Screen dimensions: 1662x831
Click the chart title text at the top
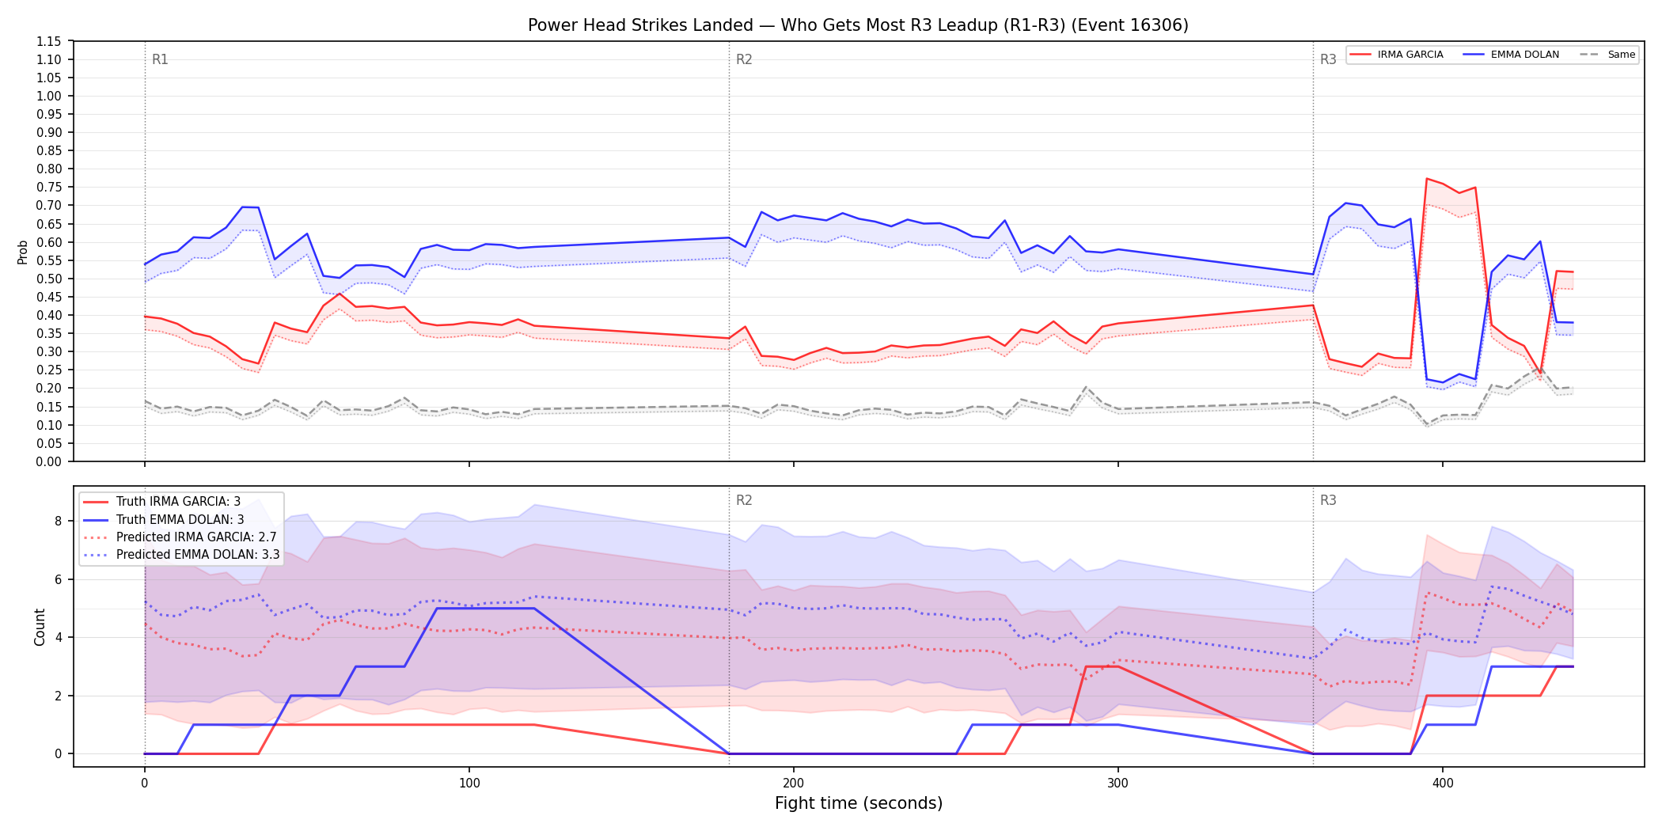858,25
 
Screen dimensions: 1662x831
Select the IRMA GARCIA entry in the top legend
1397,55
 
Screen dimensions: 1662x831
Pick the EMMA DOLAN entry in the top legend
1511,55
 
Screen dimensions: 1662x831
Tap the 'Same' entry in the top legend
1607,55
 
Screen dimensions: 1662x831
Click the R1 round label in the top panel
160,59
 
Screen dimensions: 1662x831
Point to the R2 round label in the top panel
744,59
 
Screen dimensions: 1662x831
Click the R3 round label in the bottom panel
1328,500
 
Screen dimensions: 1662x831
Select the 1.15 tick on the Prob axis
49,41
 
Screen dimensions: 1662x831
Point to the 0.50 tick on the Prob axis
49,279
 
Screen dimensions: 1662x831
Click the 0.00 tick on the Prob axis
49,461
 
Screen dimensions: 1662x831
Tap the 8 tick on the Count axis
58,521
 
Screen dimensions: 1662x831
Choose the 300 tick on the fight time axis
1117,784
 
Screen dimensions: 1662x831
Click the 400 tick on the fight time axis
1442,784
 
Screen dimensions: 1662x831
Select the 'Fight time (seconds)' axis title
859,803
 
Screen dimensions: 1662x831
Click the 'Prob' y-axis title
23,252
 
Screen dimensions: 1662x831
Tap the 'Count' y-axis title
40,627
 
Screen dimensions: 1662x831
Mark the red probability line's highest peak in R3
1426,179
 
